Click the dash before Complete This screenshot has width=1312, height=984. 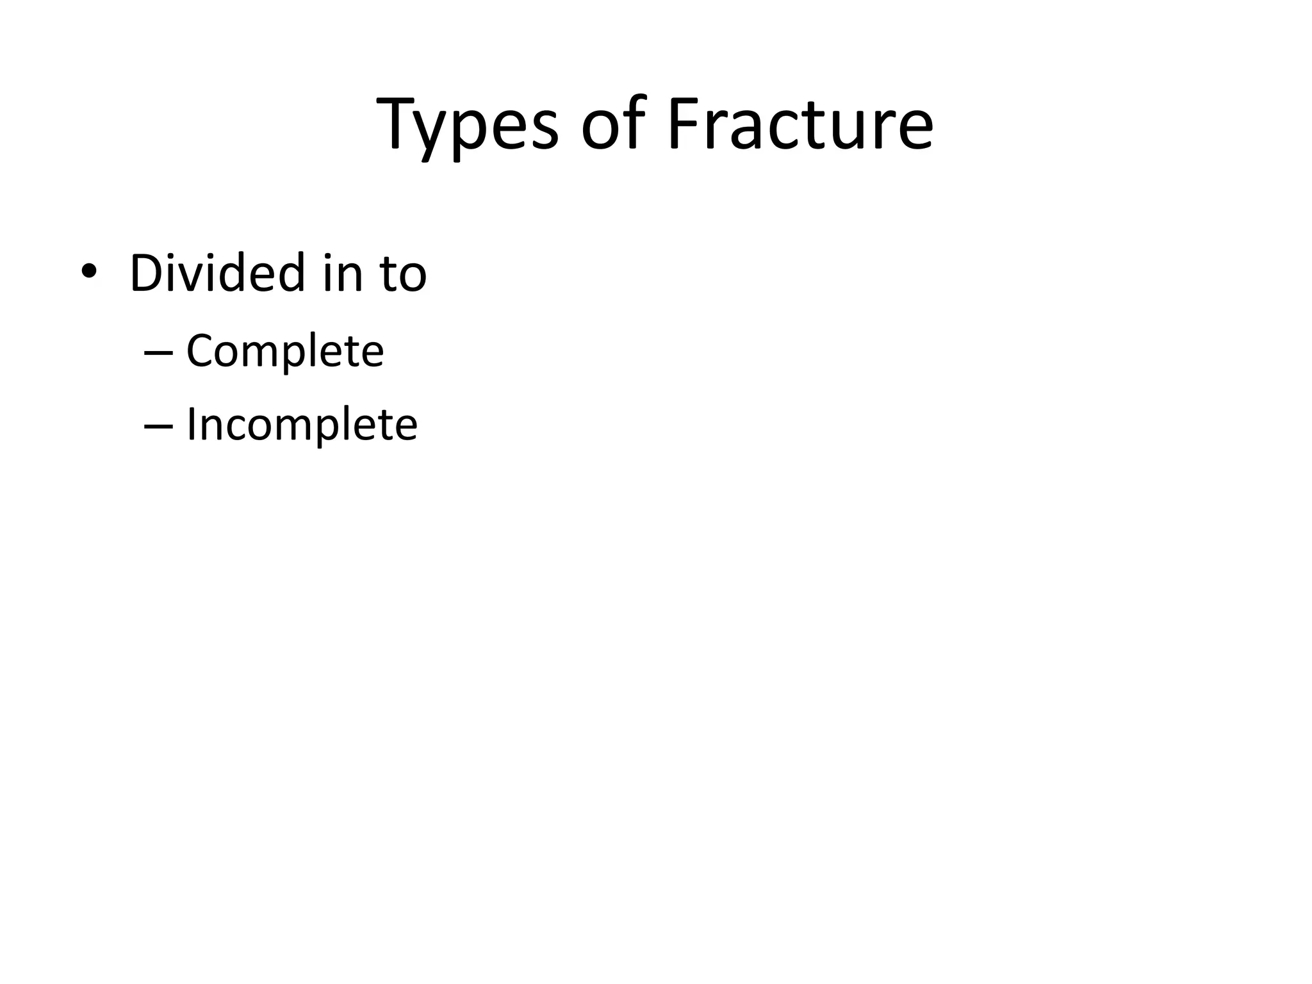point(158,353)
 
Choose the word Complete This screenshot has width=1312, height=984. point(284,352)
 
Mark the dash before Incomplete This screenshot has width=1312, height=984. point(158,426)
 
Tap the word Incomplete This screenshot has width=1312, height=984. point(301,425)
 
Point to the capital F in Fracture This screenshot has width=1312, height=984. point(684,123)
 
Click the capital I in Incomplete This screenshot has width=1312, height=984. point(190,424)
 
